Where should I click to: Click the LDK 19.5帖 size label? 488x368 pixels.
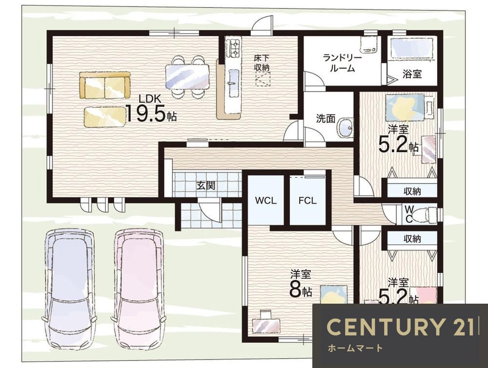(x=151, y=108)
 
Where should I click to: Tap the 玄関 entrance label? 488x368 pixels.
(x=205, y=186)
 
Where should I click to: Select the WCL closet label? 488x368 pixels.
(x=265, y=200)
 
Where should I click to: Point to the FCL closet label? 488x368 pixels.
(x=307, y=200)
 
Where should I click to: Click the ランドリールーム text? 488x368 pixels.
(x=342, y=63)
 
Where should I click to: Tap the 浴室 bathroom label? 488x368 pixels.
(x=412, y=74)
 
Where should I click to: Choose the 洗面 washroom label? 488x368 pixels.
(x=325, y=118)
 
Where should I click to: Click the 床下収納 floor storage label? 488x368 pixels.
(x=262, y=62)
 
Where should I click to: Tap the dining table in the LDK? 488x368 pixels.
(x=187, y=77)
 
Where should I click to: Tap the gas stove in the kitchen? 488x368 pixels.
(x=233, y=48)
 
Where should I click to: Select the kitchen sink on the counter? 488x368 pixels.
(x=233, y=83)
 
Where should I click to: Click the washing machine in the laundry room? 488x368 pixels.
(x=369, y=44)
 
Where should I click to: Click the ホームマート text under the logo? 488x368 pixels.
(x=355, y=348)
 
